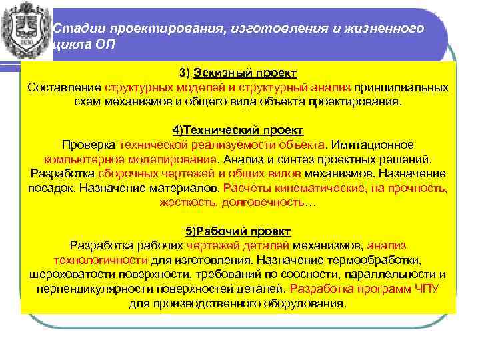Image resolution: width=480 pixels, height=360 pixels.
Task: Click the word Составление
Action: [65, 87]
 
